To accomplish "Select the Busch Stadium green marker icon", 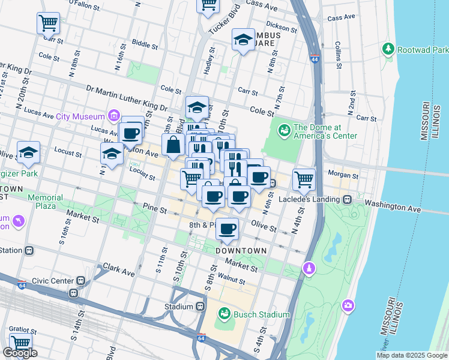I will click(224, 314).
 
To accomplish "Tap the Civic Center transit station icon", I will click(80, 280).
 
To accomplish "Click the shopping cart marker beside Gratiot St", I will click(20, 343).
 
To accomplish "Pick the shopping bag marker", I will click(173, 145).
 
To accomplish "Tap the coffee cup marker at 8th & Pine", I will click(227, 228).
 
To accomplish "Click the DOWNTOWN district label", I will click(241, 250).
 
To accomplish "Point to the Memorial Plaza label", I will click(45, 202).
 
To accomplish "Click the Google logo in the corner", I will click(20, 353).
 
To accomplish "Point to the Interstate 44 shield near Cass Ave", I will click(315, 59).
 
